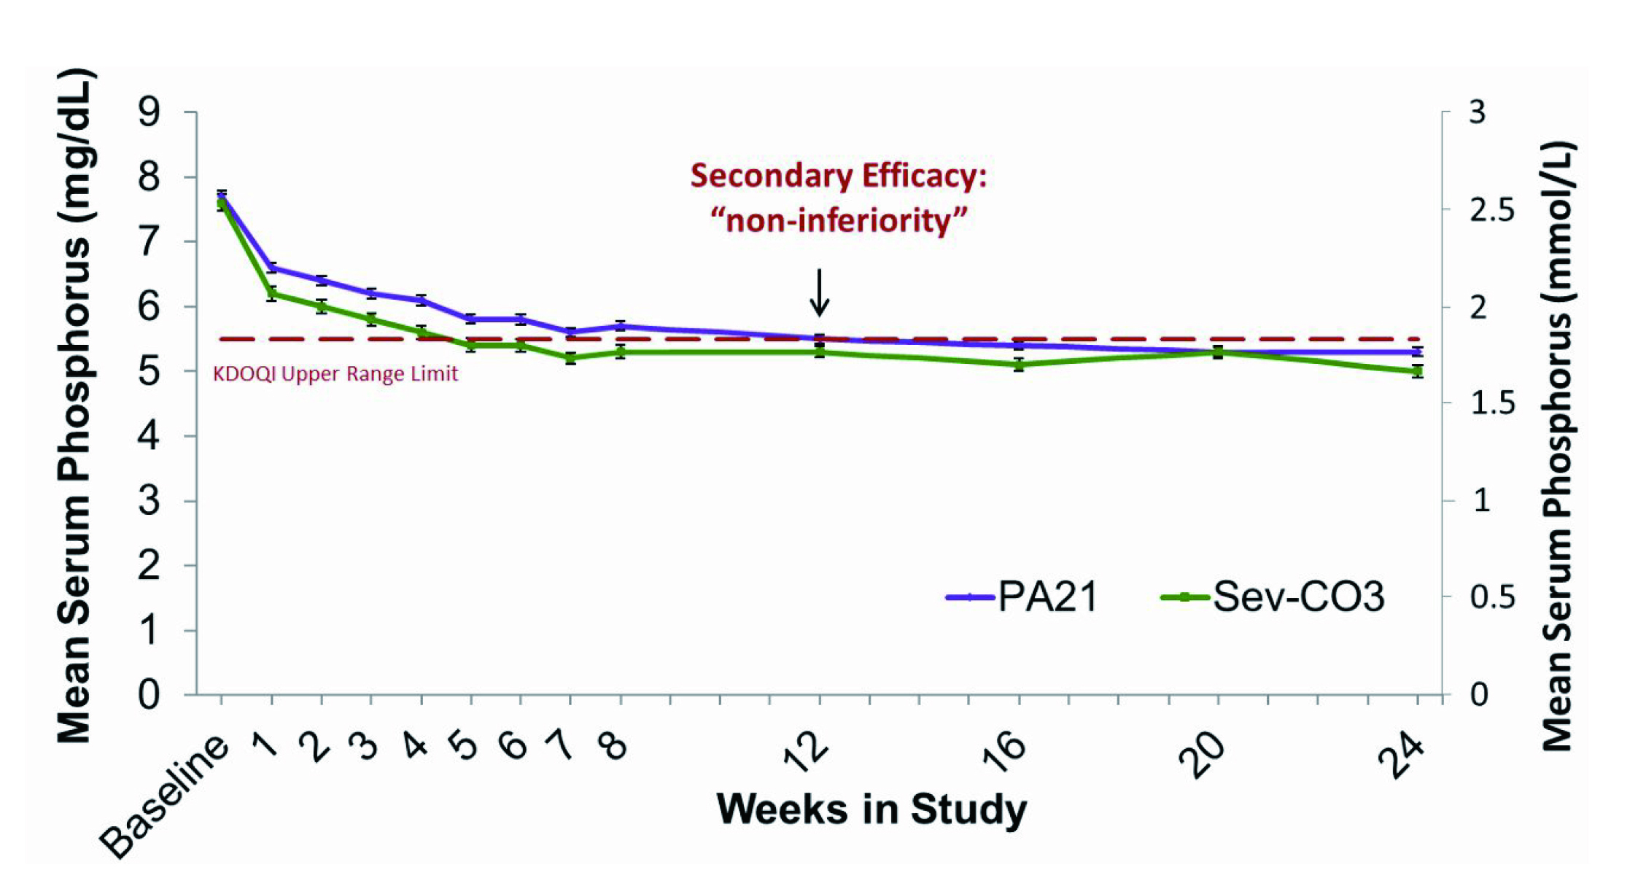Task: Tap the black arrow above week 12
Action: tap(820, 292)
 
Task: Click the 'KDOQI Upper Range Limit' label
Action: tap(335, 374)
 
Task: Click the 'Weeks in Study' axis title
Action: tap(871, 809)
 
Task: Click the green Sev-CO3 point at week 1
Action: tap(271, 294)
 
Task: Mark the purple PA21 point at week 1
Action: tap(271, 268)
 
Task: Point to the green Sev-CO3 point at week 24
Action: tap(1417, 371)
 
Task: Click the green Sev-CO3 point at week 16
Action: tap(1019, 364)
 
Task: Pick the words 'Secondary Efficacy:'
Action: tap(839, 176)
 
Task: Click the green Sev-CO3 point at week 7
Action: tap(570, 358)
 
